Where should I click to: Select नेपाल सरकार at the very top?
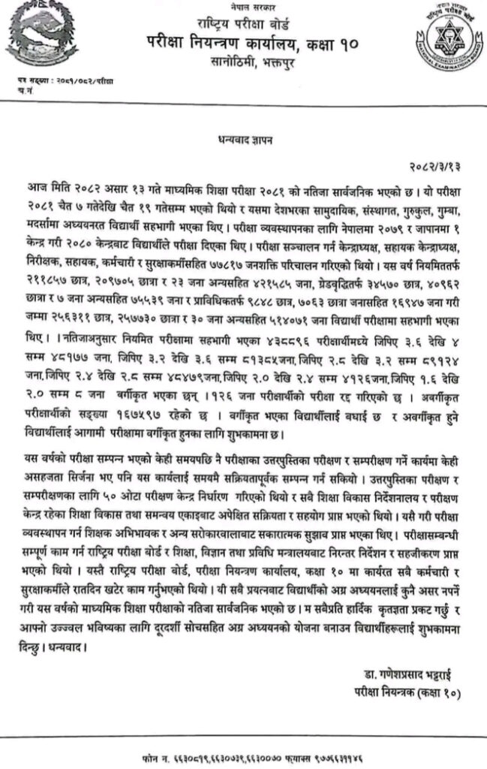pyautogui.click(x=241, y=5)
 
